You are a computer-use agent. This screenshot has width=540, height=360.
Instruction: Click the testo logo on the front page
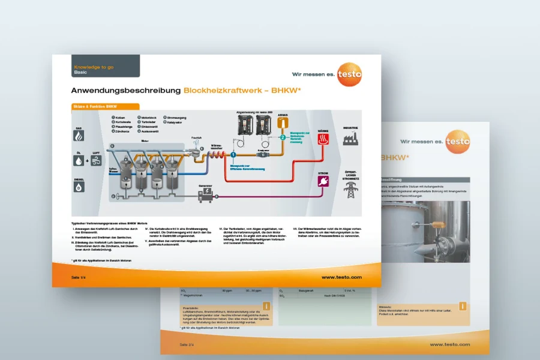pyautogui.click(x=349, y=74)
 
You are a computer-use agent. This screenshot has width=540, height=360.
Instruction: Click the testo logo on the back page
pyautogui.click(x=458, y=142)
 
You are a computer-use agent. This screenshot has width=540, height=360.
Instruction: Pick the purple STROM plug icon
pyautogui.click(x=323, y=181)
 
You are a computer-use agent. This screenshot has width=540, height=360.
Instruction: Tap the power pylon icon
pyautogui.click(x=350, y=190)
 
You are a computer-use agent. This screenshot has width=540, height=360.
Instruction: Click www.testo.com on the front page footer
pyautogui.click(x=341, y=277)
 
